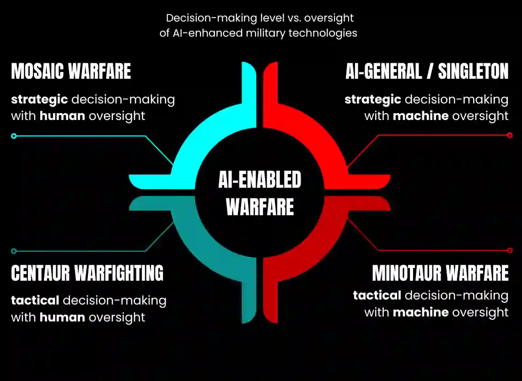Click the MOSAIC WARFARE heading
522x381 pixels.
[71, 72]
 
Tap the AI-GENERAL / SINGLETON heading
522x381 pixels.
[427, 72]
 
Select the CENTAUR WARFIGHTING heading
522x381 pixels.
[87, 273]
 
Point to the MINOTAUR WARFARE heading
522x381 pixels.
[440, 273]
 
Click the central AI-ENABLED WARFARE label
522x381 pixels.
[260, 193]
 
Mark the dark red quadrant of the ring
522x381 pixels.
[320, 247]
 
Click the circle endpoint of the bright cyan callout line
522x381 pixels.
[14, 136]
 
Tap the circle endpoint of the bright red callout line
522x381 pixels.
[510, 135]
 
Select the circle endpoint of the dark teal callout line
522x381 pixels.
[14, 251]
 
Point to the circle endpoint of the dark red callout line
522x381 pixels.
[510, 250]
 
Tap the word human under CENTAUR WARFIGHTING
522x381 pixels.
[62, 317]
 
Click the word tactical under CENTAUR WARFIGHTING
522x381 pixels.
[35, 300]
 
